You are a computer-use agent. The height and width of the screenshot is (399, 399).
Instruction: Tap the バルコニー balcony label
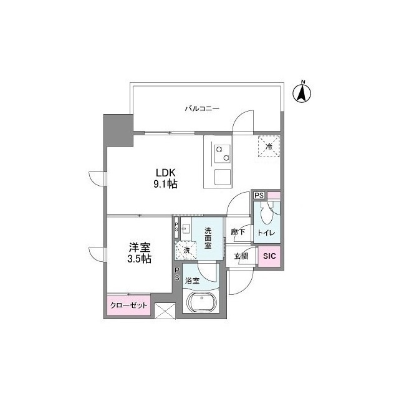[x=201, y=108]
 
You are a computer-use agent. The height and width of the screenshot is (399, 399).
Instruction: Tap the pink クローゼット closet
[x=129, y=305]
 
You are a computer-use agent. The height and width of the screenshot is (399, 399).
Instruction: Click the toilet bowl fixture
[x=267, y=214]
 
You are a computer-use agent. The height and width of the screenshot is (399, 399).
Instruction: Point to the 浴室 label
[x=192, y=281]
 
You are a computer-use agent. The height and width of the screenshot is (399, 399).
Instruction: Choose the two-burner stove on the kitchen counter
[x=222, y=153]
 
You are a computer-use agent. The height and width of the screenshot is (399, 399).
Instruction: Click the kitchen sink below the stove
[x=223, y=177]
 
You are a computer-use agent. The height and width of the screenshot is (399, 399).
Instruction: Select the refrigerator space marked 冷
[x=269, y=147]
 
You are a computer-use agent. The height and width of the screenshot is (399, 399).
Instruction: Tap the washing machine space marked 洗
[x=186, y=250]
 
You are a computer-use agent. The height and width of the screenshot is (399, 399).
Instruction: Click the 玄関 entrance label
[x=241, y=256]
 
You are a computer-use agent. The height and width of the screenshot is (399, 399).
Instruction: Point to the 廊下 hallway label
[x=238, y=232]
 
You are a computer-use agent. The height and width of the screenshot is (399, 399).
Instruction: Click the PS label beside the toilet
[x=259, y=195]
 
